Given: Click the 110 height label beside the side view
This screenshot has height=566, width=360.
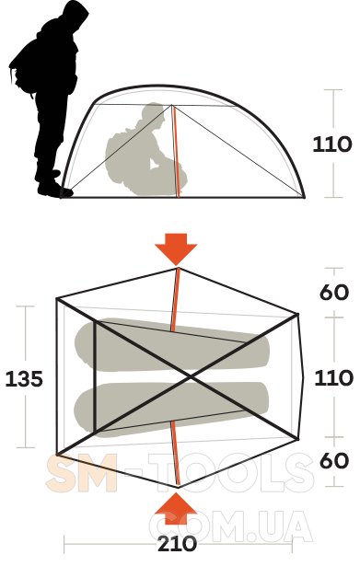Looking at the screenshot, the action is [x=331, y=144].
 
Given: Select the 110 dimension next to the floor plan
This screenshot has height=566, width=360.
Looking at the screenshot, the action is [x=333, y=378].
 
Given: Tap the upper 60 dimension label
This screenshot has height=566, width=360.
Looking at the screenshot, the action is [x=334, y=292].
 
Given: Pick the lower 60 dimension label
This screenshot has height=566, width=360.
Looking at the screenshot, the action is [x=334, y=460].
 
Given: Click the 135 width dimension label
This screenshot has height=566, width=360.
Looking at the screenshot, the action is [x=24, y=379].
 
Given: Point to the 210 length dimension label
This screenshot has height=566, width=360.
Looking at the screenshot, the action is [x=177, y=544].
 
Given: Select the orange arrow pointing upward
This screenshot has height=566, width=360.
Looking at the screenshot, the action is [x=176, y=508].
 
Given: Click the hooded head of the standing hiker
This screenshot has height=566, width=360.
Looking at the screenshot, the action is [x=74, y=17].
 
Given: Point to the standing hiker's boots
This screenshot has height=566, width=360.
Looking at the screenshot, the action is [x=53, y=185].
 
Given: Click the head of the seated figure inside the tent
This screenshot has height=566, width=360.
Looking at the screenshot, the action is [x=154, y=115].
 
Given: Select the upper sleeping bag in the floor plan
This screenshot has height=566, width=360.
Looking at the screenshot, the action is [x=172, y=344].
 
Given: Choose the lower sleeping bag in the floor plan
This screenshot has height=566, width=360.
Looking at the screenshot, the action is [x=170, y=410].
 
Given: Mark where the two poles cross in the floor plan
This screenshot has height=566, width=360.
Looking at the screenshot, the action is [x=191, y=377].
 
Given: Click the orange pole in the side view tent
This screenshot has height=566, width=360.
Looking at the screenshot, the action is [x=176, y=151].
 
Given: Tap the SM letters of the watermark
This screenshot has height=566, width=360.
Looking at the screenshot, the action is [x=82, y=473].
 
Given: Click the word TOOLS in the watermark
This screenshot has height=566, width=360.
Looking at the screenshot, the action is [x=231, y=473].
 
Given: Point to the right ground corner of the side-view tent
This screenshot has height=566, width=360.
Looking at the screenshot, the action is [x=305, y=198].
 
